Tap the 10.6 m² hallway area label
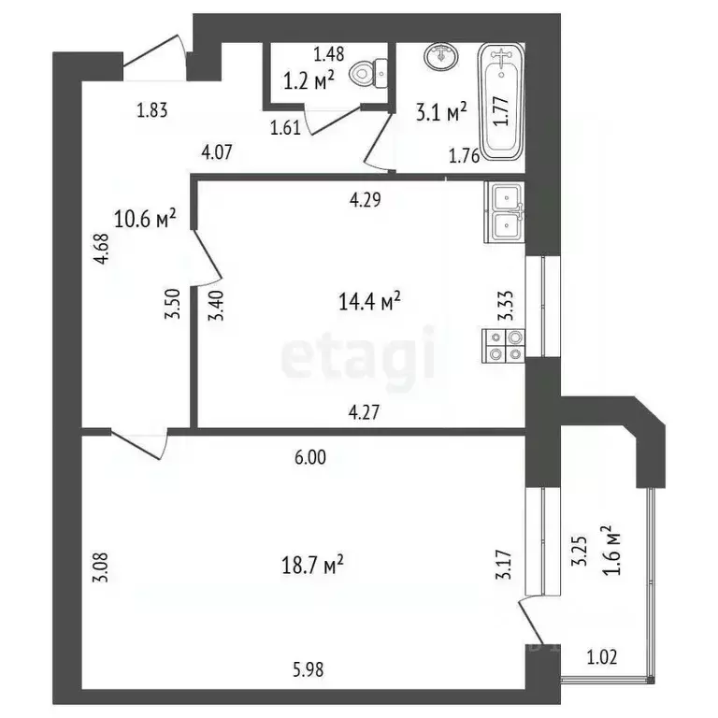tap(145, 220)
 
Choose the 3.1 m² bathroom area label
tap(441, 115)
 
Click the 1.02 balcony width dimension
tap(603, 656)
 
